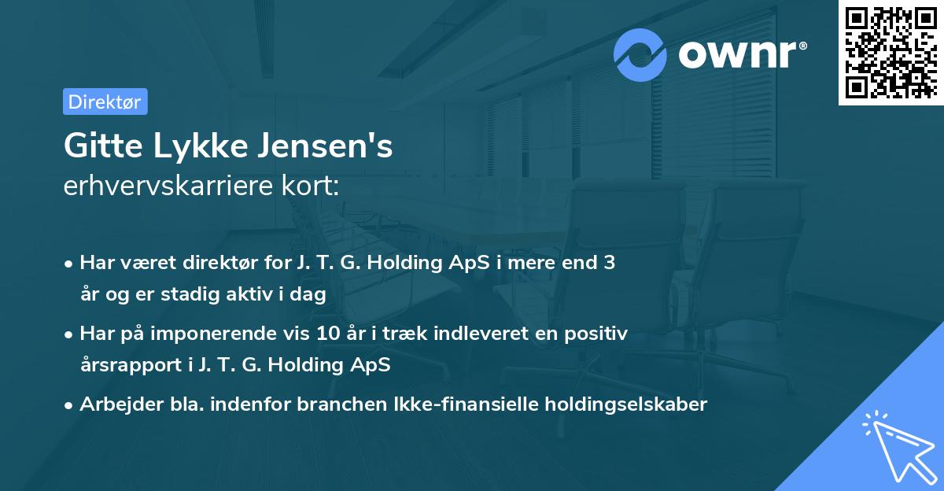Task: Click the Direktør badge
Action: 105,102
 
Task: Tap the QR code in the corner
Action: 890,52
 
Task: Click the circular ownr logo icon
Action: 641,54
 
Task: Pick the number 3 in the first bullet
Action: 609,263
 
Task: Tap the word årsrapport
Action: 129,365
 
